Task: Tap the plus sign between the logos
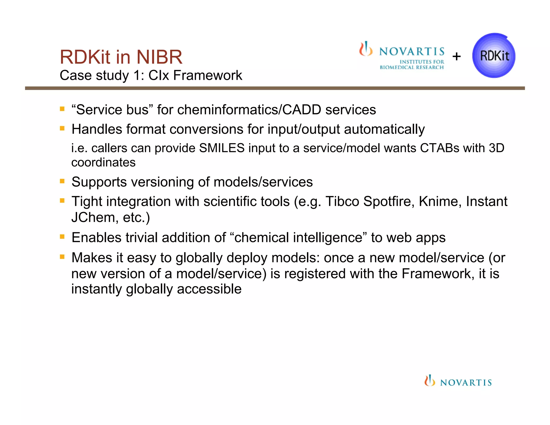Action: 456,56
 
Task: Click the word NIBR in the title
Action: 159,57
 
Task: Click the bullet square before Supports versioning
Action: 62,181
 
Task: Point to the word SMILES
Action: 222,148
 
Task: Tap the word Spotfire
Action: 387,201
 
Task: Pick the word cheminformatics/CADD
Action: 249,110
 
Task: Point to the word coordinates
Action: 103,163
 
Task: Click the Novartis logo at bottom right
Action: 458,381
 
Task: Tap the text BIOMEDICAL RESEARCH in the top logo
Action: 411,67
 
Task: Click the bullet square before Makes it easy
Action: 62,257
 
